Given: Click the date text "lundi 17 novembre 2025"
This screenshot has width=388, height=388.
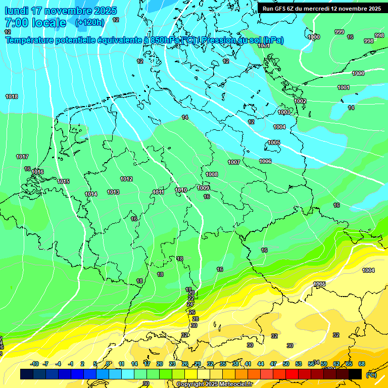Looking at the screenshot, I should point(61,11).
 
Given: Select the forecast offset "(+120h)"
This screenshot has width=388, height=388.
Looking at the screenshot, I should point(89,23).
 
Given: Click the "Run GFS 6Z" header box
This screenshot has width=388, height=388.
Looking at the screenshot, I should point(322,8).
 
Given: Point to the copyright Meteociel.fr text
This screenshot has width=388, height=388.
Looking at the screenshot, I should point(214,384).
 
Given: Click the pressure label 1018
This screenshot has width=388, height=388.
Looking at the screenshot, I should point(12,96).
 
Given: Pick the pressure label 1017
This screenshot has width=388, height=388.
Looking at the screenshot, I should point(22,157).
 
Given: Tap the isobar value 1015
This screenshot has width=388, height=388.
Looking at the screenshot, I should point(63,181).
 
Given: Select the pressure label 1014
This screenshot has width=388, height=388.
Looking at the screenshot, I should point(91,194).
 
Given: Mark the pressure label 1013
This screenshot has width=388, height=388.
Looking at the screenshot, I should point(113,192).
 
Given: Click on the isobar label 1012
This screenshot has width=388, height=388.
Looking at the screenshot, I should point(126,179).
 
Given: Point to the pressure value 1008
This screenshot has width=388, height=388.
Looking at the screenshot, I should point(212,174).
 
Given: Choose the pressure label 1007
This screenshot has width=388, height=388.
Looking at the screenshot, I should point(233,162).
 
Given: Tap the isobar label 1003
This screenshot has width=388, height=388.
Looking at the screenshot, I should point(284,112).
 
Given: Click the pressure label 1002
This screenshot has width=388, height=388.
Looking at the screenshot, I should point(300,101).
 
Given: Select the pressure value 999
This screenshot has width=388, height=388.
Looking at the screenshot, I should point(339,32).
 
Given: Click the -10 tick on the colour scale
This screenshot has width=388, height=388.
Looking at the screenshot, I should point(34,364).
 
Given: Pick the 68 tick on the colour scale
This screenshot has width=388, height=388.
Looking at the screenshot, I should point(362,364).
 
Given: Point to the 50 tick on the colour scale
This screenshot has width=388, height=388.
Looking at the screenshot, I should point(286,364).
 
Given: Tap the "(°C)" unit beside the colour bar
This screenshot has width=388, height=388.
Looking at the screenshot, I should point(371,374).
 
